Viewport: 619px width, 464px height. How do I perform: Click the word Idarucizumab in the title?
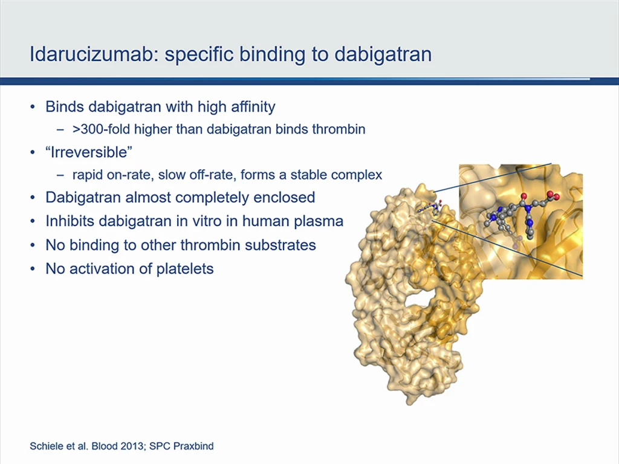[94, 54]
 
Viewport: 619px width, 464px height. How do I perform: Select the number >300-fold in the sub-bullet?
[101, 129]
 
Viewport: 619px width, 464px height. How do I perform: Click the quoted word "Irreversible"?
[89, 152]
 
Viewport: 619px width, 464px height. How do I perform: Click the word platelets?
[185, 269]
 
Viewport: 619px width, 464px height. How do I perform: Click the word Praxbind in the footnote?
[193, 446]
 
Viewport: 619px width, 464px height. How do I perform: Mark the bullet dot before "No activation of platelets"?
[33, 269]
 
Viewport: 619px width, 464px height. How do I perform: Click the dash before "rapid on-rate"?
[60, 175]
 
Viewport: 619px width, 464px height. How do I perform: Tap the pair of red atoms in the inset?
[553, 195]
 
